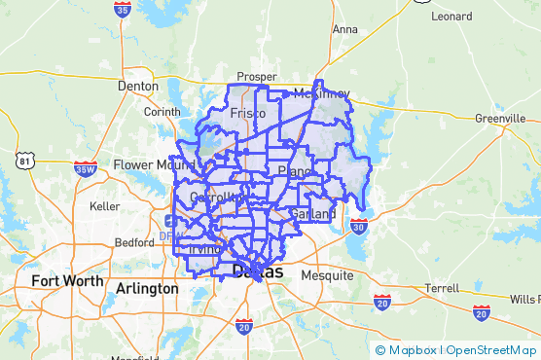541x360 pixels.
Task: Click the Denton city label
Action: click(137, 86)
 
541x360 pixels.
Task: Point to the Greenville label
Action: click(500, 119)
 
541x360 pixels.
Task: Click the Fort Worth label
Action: click(66, 281)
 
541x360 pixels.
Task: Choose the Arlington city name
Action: click(147, 289)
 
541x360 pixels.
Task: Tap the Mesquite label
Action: click(327, 275)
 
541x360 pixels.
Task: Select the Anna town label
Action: click(344, 29)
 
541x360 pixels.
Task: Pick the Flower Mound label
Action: click(148, 164)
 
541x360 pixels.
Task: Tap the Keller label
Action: click(104, 206)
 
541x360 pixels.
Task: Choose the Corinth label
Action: click(162, 112)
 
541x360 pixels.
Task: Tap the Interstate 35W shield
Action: click(86, 169)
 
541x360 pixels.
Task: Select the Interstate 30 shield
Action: click(359, 226)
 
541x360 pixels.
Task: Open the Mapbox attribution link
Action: click(409, 350)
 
